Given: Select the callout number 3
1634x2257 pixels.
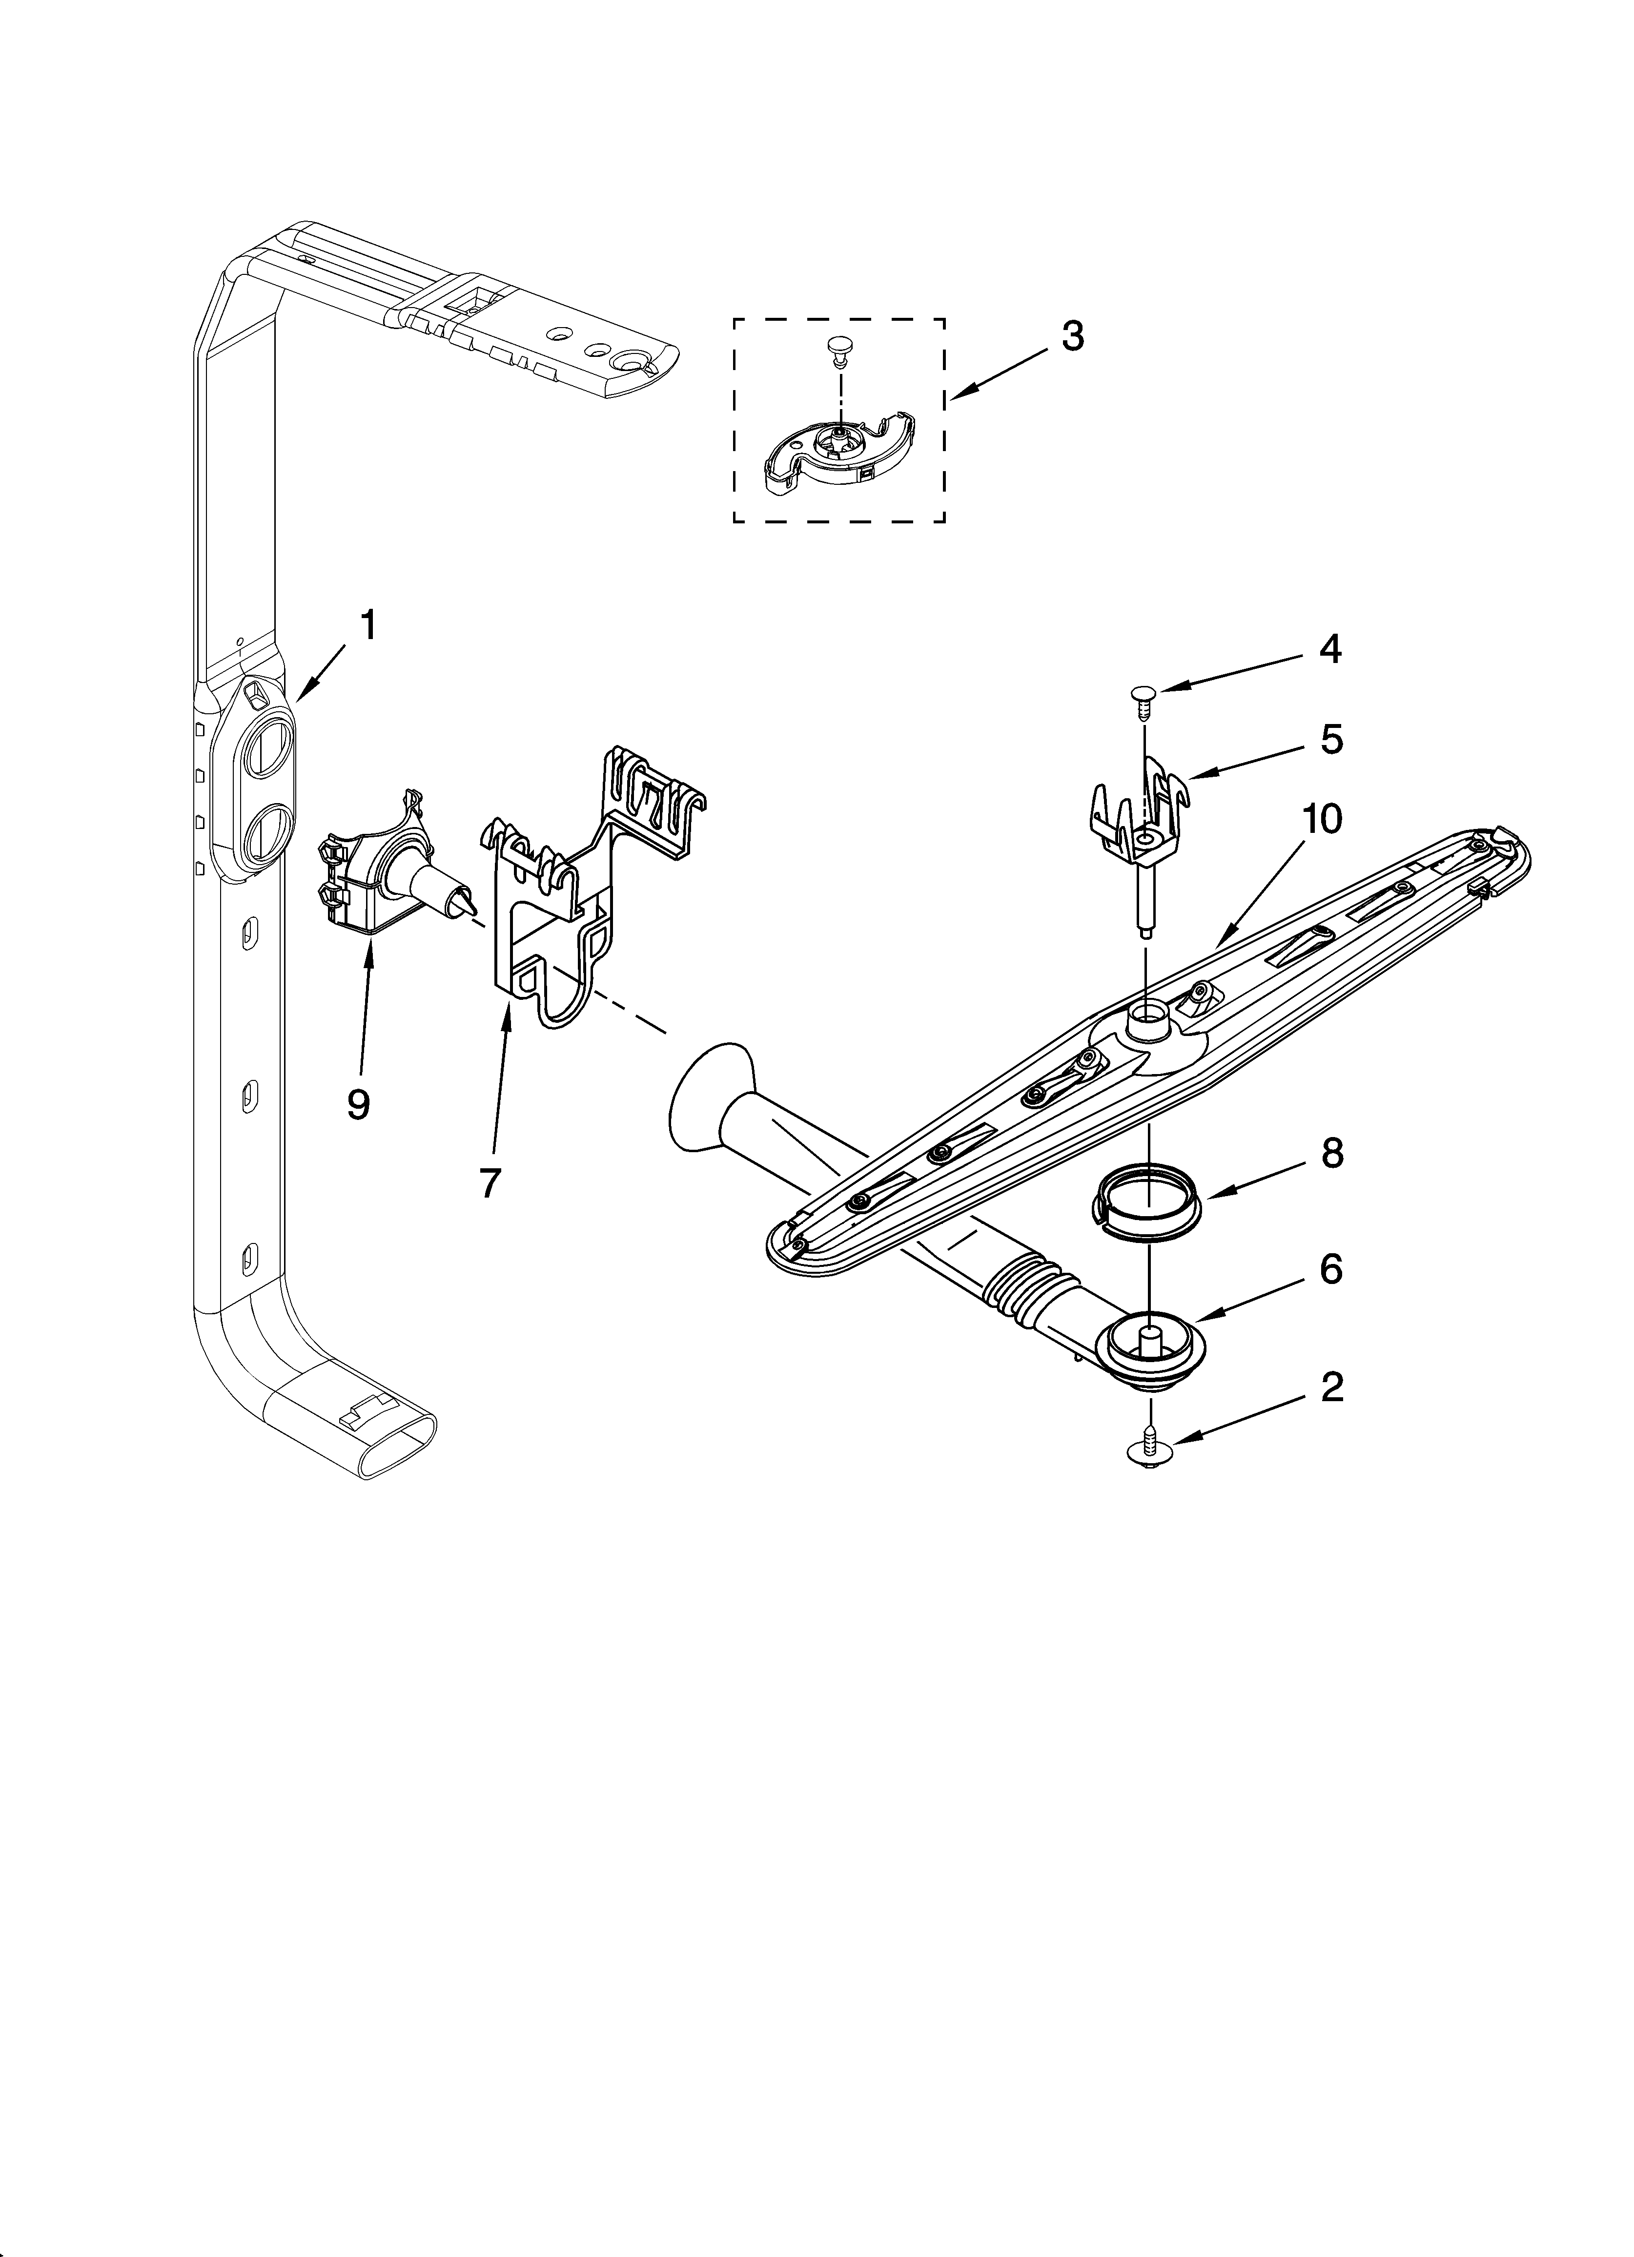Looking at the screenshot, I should tap(1072, 336).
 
